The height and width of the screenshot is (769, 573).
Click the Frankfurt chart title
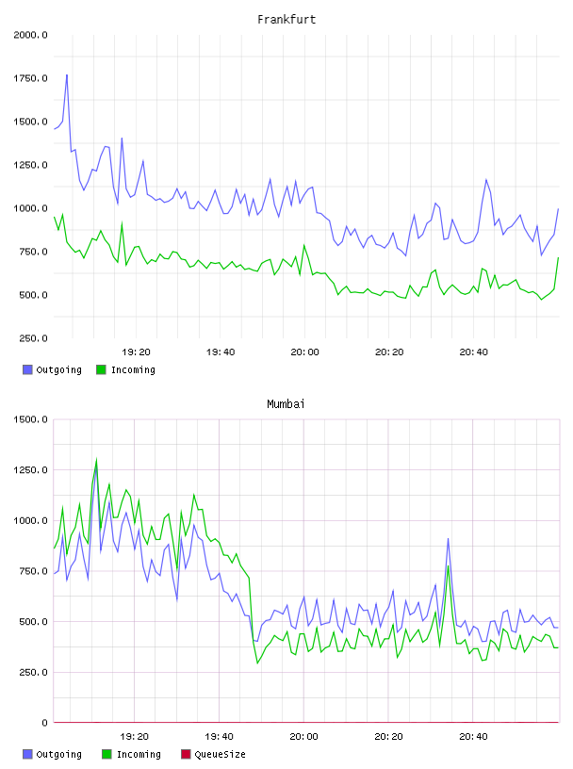(x=286, y=20)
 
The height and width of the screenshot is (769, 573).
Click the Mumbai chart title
(x=286, y=404)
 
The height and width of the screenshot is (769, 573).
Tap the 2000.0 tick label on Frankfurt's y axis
(x=30, y=35)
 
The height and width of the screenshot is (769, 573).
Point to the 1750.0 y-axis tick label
(x=30, y=78)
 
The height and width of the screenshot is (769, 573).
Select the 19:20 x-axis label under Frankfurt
(x=136, y=352)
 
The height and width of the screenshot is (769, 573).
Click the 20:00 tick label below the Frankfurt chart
(x=304, y=352)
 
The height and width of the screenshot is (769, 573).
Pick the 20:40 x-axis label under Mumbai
(x=473, y=737)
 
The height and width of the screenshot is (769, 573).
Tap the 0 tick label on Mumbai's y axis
(x=44, y=723)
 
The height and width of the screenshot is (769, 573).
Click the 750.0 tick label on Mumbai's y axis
(x=30, y=571)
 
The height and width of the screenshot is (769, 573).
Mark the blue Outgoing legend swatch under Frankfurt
(x=27, y=369)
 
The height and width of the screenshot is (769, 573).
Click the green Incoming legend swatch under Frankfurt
(x=101, y=369)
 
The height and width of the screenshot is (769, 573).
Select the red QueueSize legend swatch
(x=186, y=754)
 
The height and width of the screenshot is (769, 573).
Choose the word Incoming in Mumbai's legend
(x=139, y=754)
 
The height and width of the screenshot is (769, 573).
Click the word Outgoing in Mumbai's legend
(x=58, y=754)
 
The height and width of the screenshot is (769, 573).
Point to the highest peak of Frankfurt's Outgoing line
(x=67, y=75)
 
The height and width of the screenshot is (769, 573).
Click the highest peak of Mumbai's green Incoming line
(x=96, y=460)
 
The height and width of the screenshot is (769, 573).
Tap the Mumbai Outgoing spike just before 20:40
(x=448, y=538)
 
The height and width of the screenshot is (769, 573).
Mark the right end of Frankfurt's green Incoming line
(x=558, y=257)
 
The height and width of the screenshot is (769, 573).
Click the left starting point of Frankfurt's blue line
(x=54, y=129)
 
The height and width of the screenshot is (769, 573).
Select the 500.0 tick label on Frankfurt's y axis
(x=33, y=295)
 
